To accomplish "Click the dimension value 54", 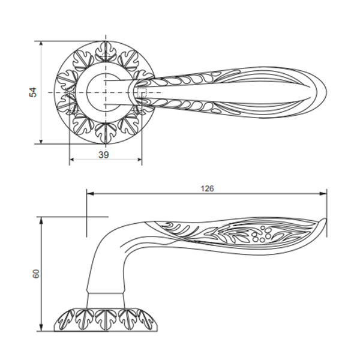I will coord(33,92).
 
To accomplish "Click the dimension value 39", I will coord(103,155).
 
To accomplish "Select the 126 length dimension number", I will coord(207,188).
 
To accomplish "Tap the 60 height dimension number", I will coord(36,273).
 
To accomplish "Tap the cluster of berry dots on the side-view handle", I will coord(263,235).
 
